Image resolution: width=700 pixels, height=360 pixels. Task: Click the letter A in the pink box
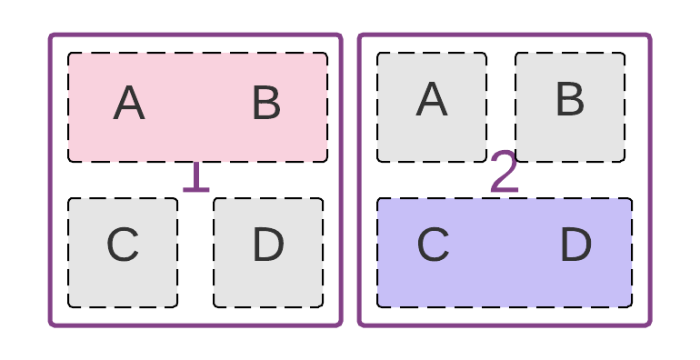129,104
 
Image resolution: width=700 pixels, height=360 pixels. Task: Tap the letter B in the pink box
266,104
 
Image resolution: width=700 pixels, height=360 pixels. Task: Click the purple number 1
195,176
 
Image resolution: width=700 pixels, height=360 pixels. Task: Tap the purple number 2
505,173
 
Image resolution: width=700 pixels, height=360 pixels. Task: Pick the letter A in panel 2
432,99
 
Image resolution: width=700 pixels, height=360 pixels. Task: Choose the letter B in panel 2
570,99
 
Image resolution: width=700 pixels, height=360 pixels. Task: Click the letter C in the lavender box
434,245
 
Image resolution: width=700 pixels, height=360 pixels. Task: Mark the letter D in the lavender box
575,245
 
